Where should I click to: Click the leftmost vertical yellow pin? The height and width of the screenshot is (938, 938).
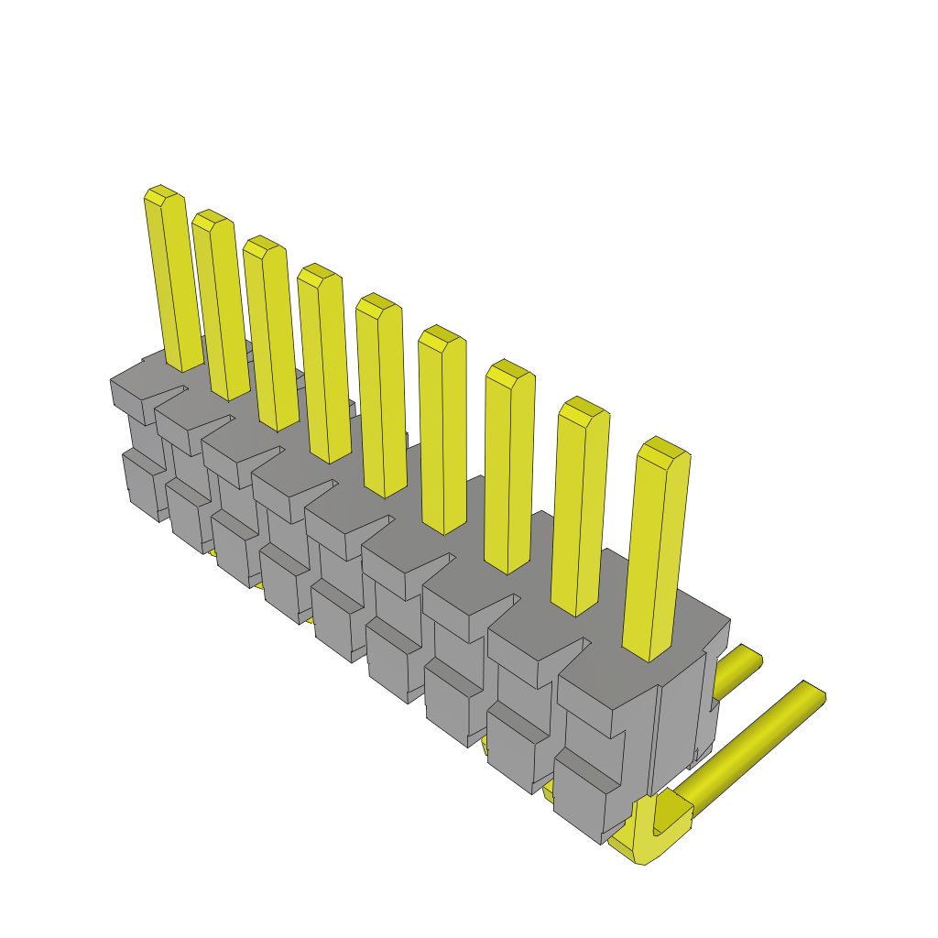[x=174, y=284]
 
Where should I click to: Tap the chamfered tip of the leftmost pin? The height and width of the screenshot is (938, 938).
[x=163, y=193]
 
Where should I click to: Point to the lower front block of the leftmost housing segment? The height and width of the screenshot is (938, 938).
[x=142, y=481]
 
